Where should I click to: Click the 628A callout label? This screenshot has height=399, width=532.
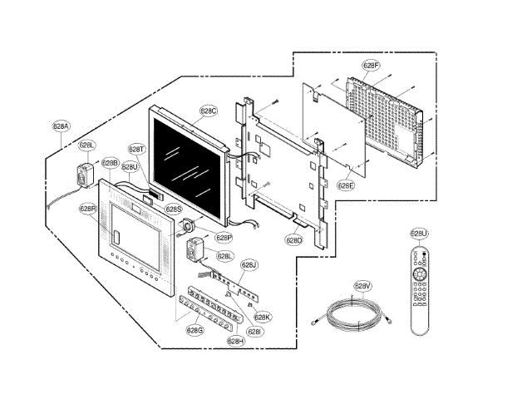tap(61, 126)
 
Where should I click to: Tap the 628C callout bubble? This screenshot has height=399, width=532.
tap(208, 110)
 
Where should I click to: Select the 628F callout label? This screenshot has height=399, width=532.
tap(371, 64)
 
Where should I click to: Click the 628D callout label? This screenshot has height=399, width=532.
tap(294, 240)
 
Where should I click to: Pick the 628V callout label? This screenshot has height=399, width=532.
tap(362, 286)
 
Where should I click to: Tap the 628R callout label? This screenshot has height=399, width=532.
tap(88, 209)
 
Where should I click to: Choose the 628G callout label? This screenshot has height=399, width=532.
tap(195, 330)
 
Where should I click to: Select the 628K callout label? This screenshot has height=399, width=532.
tap(263, 317)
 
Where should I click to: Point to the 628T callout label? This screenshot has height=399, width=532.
tap(136, 149)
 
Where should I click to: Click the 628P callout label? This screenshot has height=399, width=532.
tap(224, 237)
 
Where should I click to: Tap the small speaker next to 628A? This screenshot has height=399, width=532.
tap(84, 175)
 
